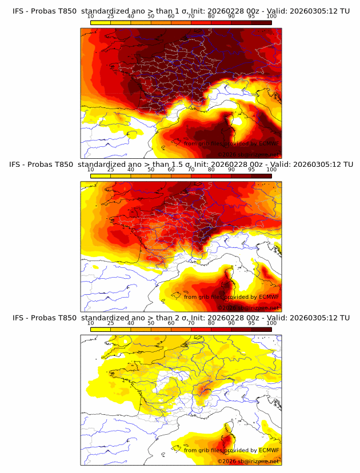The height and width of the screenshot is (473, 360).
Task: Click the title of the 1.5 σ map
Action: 181,164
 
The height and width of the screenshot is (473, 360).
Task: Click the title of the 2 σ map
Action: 181,317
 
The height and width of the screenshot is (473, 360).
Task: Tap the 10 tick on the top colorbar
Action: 91,17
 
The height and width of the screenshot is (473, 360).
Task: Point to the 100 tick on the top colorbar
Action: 271,17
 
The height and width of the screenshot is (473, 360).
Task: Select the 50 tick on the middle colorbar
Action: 151,170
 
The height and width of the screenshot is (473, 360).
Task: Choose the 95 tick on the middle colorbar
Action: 251,170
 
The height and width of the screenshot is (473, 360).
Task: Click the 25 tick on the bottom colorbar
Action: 111,323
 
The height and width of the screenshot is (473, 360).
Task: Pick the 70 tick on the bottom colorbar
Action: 191,323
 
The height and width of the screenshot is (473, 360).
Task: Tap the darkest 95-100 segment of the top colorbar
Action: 261,23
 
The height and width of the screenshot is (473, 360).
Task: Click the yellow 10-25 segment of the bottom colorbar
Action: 101,329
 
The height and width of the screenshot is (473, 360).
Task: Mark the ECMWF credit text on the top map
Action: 231,144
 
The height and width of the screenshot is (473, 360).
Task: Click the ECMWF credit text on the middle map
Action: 231,297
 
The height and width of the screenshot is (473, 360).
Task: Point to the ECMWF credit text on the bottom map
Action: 231,450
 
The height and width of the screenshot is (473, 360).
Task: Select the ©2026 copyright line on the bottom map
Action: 247,460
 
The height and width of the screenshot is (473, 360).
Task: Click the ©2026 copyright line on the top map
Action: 247,154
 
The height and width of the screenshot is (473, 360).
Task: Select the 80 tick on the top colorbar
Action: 211,17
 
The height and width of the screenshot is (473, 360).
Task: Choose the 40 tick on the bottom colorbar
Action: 131,323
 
